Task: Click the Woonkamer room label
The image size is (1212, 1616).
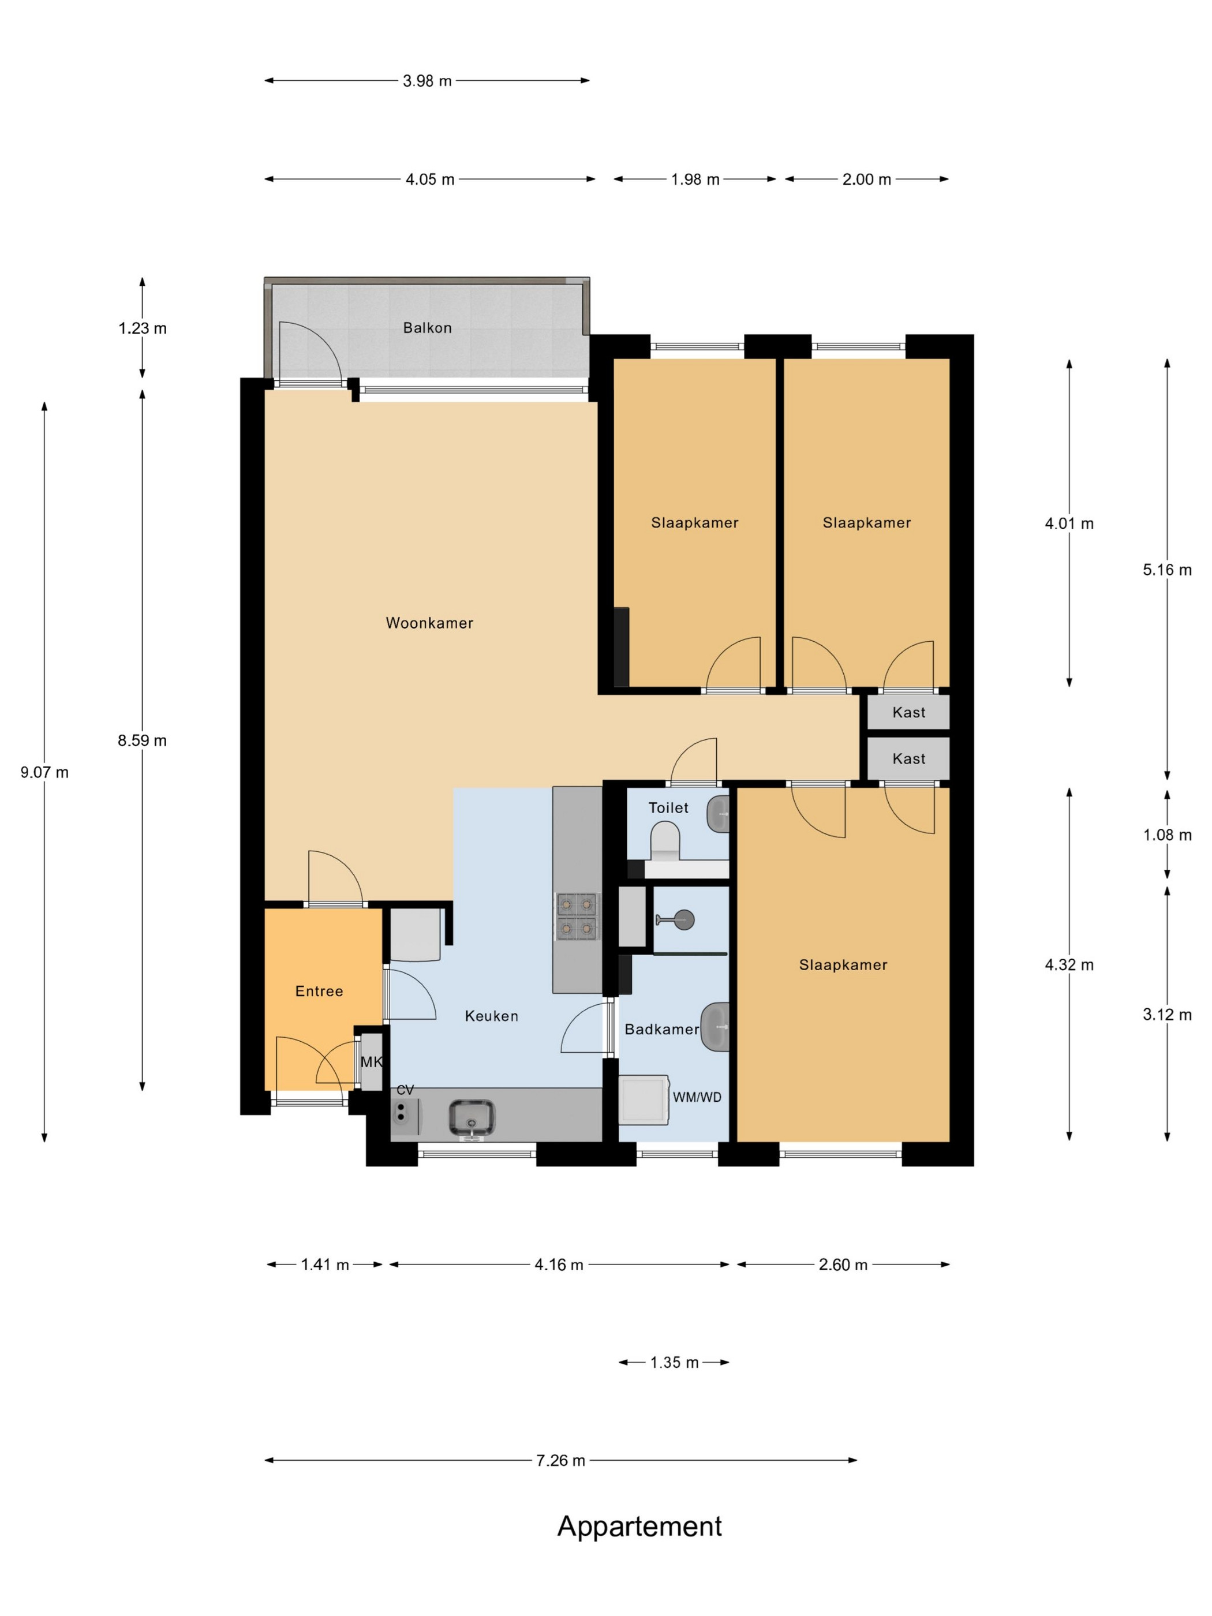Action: click(429, 623)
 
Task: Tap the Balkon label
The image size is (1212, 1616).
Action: click(428, 328)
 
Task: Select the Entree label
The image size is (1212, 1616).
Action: click(319, 992)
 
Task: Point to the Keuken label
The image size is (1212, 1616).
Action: click(491, 1016)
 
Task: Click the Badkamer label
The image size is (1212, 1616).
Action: click(662, 1030)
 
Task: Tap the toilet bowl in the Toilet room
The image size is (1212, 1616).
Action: click(665, 841)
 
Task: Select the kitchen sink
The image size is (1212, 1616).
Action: click(471, 1118)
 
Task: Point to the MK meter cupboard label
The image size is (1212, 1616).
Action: click(371, 1063)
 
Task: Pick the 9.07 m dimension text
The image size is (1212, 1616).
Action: click(44, 772)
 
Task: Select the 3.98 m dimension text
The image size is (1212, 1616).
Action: click(428, 81)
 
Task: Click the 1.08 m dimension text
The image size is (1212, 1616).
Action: click(1168, 835)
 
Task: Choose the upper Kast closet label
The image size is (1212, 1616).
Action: click(909, 712)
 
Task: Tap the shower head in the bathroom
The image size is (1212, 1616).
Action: click(683, 919)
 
